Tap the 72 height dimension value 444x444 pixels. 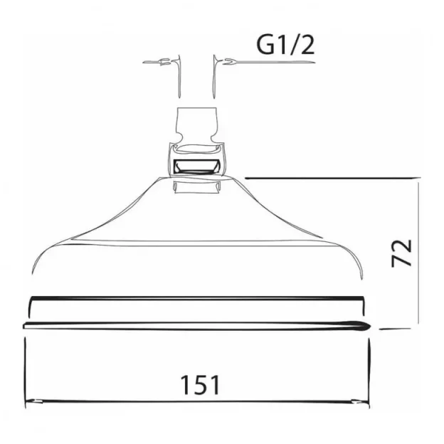[403, 253]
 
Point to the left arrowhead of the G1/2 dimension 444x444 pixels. [166, 63]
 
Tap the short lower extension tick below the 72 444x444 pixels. [398, 329]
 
